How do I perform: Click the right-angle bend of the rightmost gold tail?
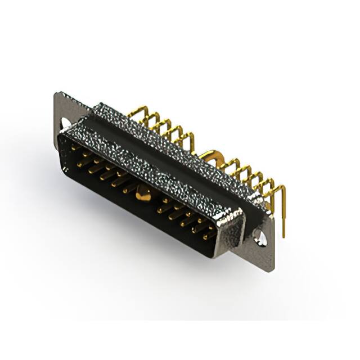[281, 188]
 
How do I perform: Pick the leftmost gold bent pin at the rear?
[134, 114]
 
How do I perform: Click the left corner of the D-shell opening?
[61, 138]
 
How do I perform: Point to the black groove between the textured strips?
[169, 152]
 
